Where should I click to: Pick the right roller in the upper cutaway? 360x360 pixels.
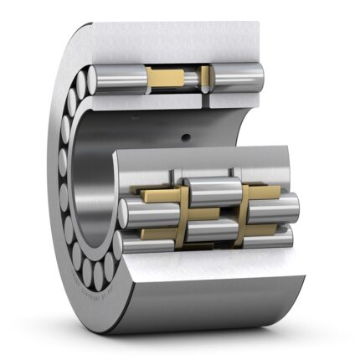point(237,77)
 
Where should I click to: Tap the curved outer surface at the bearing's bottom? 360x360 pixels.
point(209,322)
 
